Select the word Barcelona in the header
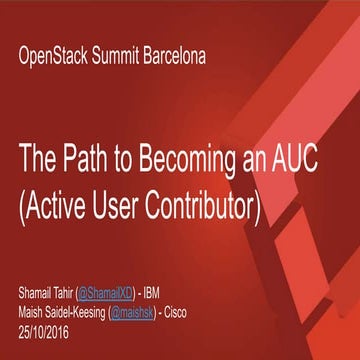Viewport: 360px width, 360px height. pyautogui.click(x=180, y=56)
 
